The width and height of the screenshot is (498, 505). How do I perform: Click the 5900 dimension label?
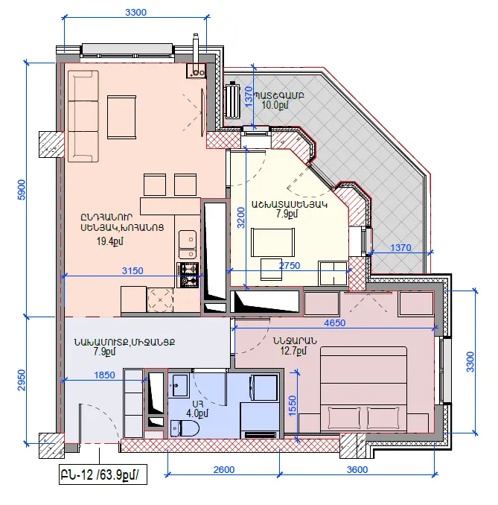pyautogui.click(x=22, y=190)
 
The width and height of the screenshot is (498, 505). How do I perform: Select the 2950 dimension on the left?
pyautogui.click(x=22, y=380)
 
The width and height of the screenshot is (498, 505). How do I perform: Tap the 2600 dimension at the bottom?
pyautogui.click(x=224, y=469)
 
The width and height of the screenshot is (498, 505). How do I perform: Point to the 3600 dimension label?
pyautogui.click(x=357, y=469)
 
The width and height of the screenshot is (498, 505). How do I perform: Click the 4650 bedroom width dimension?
pyautogui.click(x=335, y=323)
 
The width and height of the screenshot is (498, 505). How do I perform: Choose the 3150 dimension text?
pyautogui.click(x=133, y=270)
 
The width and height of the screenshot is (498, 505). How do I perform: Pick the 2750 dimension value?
pyautogui.click(x=290, y=265)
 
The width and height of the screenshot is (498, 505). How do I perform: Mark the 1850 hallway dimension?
pyautogui.click(x=105, y=375)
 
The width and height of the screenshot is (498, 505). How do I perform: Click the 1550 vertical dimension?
pyautogui.click(x=293, y=406)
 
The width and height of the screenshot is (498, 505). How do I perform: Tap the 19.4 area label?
pyautogui.click(x=110, y=241)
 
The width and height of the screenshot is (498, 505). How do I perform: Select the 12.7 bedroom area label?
pyautogui.click(x=293, y=351)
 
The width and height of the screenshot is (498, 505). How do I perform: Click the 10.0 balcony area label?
pyautogui.click(x=275, y=105)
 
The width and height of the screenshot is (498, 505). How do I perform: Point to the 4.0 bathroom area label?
pyautogui.click(x=197, y=413)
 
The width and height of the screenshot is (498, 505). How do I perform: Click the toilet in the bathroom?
pyautogui.click(x=185, y=428)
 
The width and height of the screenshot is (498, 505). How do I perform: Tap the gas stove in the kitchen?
pyautogui.click(x=188, y=275)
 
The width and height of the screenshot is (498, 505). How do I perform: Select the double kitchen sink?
pyautogui.click(x=188, y=244)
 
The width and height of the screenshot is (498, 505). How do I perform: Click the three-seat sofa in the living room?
pyautogui.click(x=83, y=116)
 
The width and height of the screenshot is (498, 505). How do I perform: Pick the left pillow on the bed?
pyautogui.click(x=344, y=417)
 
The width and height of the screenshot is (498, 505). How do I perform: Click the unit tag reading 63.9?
pyautogui.click(x=103, y=474)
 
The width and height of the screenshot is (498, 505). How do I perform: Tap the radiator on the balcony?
pyautogui.click(x=232, y=101)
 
